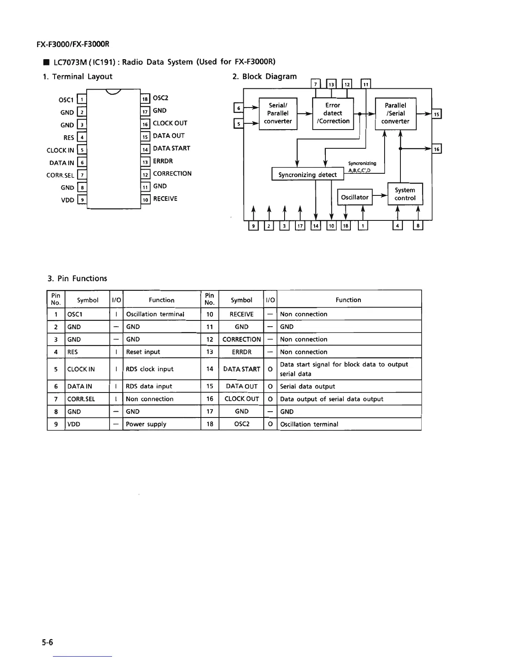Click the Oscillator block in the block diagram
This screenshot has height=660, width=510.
[355, 197]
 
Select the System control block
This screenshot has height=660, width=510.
[405, 194]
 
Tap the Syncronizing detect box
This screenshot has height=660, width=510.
[307, 174]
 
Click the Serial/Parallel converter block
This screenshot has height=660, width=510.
[278, 113]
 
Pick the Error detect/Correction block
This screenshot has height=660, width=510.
[333, 113]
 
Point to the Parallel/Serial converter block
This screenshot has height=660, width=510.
[395, 113]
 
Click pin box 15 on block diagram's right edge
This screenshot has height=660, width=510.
[437, 114]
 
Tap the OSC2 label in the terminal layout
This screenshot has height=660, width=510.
[160, 98]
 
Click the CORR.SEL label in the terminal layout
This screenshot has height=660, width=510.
[60, 175]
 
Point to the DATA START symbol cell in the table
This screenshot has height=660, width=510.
[242, 369]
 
